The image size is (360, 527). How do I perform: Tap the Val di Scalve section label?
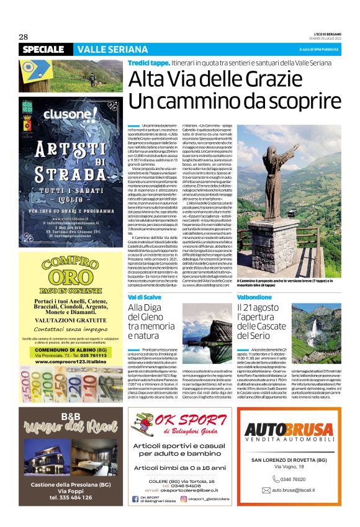(x=145, y=298)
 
